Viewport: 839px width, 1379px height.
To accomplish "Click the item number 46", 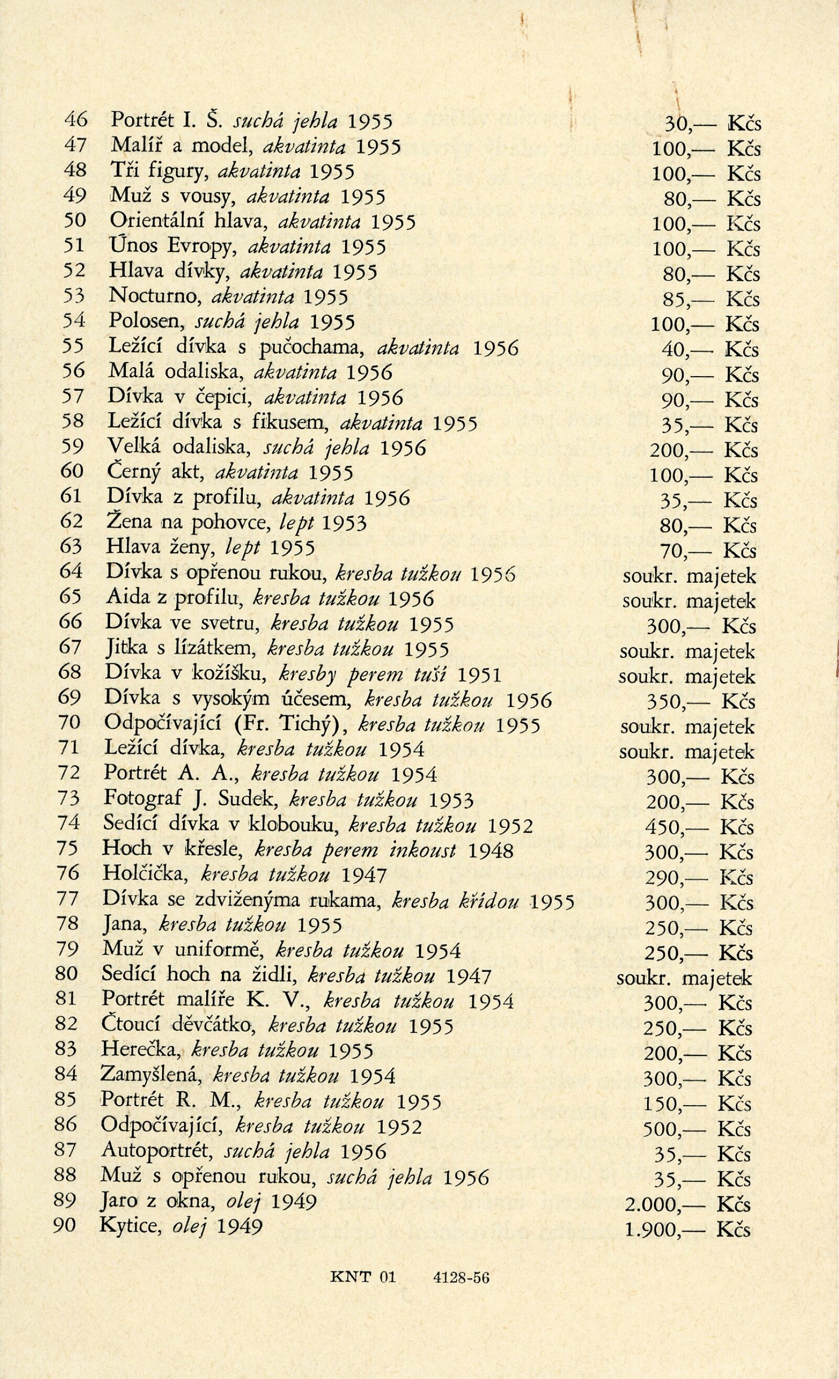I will (x=76, y=120).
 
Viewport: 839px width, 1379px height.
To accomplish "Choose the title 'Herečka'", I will (x=142, y=1051).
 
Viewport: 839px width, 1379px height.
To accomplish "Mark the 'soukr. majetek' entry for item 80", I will (x=683, y=977).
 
